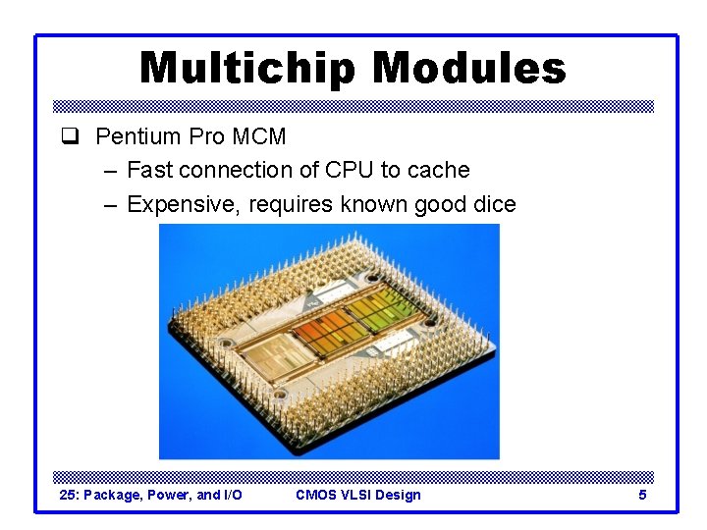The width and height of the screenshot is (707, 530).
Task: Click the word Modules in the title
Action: [x=469, y=69]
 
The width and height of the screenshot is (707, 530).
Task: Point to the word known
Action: [x=376, y=204]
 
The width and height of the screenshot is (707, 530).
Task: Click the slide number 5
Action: [x=642, y=495]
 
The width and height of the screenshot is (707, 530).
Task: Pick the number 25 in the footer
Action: [x=69, y=495]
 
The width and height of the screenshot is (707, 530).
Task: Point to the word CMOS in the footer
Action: [x=314, y=495]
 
